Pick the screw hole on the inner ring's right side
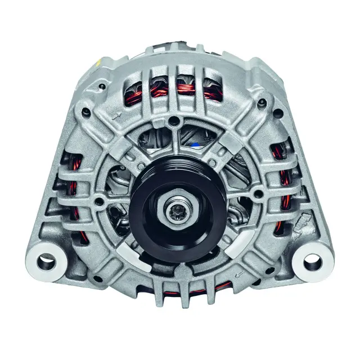tap(258, 195)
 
